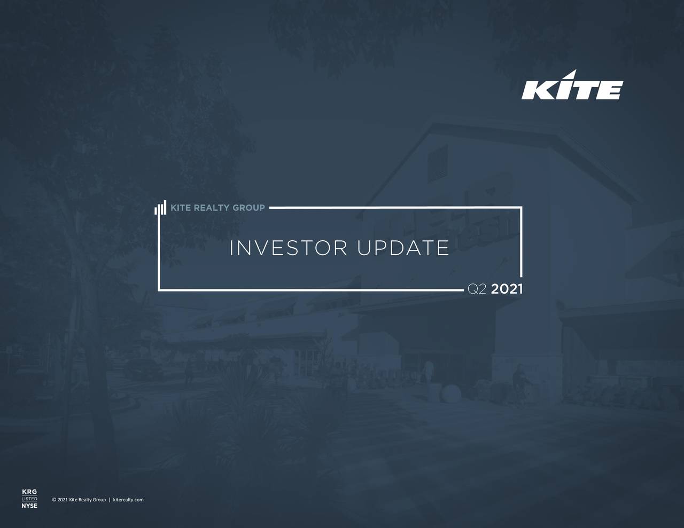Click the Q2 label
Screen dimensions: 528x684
[477, 289]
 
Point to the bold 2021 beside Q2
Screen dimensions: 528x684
[507, 289]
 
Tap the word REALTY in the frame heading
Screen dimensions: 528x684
[211, 208]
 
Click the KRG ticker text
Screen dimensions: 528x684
[29, 492]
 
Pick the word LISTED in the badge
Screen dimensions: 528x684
[29, 499]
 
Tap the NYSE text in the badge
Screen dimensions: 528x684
[29, 506]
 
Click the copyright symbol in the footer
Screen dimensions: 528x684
[55, 500]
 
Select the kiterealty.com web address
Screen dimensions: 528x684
[128, 500]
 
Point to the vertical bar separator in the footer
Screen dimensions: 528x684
[110, 500]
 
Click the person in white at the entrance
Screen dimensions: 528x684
[428, 371]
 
